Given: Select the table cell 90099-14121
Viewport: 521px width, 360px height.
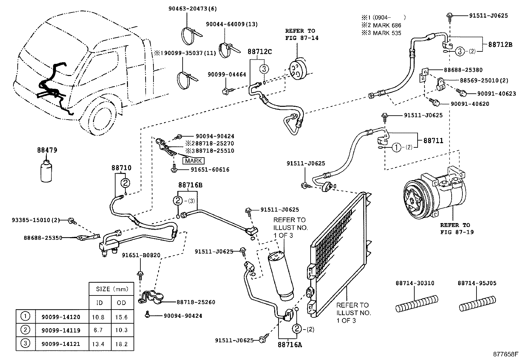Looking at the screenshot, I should point(61,344).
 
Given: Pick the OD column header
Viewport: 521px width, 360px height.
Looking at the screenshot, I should point(121,303).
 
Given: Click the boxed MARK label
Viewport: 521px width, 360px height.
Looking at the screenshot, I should point(193,161).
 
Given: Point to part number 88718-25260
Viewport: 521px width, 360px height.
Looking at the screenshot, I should point(196,302).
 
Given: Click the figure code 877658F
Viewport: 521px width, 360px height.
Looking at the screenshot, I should point(506,354).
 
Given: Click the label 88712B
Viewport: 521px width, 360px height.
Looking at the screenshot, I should point(500,45).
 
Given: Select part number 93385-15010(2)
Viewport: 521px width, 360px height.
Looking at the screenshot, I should point(35,220).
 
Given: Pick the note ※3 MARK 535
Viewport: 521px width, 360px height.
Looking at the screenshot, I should point(381,33).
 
